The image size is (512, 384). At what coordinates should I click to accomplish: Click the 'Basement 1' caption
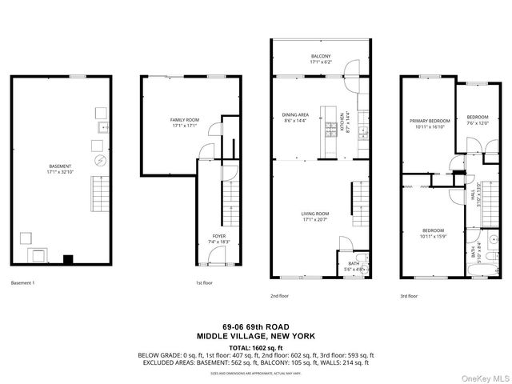point(23,282)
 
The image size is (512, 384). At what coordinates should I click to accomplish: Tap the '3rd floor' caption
point(409,295)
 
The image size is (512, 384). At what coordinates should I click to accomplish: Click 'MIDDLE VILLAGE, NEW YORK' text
point(256,338)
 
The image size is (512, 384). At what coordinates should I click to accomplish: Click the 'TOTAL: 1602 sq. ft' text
point(256,348)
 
